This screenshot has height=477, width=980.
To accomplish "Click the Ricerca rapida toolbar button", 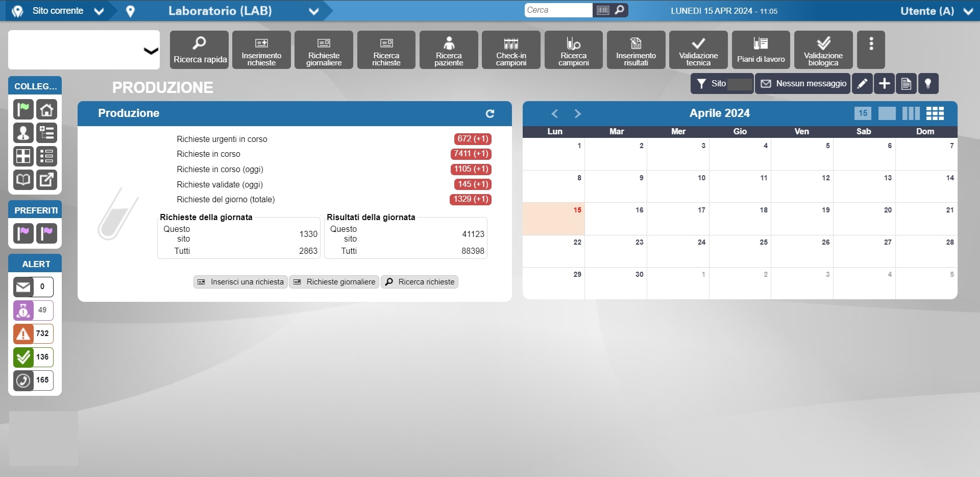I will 199,50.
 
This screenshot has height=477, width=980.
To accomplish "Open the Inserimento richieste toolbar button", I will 261,50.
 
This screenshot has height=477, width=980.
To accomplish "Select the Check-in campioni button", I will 511,50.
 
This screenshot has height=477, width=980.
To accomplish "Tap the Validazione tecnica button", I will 698,50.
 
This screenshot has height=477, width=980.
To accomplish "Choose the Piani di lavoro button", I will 761,50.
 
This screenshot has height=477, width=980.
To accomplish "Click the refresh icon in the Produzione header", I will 490,113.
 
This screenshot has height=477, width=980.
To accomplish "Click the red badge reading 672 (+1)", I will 472,139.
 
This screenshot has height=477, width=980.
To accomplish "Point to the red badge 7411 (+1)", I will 471,154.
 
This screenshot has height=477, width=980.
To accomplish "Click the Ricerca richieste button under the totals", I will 420,282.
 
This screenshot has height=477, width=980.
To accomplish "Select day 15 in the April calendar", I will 554,219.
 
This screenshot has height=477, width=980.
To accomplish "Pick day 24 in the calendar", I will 678,251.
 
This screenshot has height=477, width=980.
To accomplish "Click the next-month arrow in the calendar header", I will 577,113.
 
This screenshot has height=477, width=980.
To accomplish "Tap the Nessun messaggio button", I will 803,84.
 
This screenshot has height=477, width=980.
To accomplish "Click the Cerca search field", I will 558,10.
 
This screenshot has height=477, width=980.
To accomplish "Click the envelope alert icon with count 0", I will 23,287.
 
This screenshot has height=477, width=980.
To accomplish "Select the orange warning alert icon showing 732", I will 23,333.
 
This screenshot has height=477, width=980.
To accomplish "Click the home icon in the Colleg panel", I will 46,109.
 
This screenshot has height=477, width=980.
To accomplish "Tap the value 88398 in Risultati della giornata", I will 473,251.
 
